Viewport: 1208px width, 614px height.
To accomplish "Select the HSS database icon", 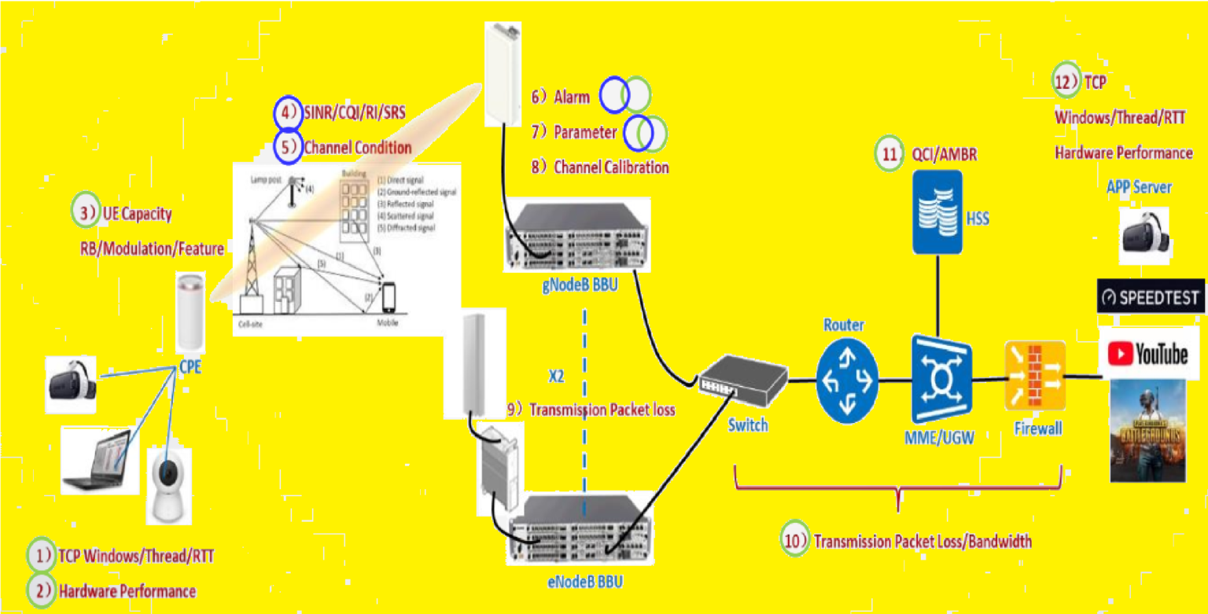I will click(937, 212).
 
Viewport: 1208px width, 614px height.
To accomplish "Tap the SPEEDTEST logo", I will click(1150, 297).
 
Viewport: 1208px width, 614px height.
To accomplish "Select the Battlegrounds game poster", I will click(1147, 431).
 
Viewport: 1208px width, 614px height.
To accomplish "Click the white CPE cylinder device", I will click(190, 312).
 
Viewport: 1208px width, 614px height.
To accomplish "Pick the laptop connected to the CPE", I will click(94, 460).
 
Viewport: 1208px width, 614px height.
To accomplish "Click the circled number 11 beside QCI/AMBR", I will click(889, 155).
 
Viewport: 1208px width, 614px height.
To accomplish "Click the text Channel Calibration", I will click(611, 167).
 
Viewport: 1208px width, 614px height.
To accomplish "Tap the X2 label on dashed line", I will click(556, 375).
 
